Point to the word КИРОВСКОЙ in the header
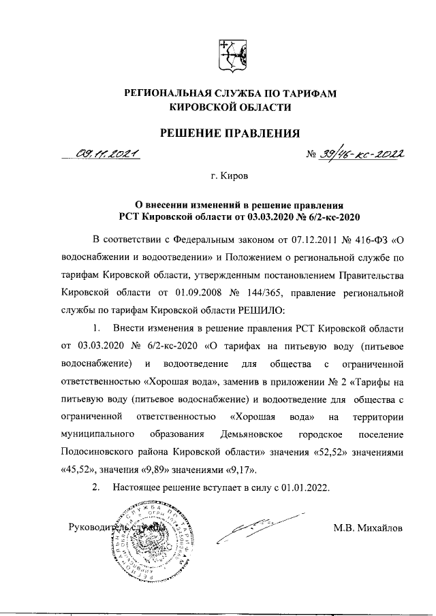pos(206,107)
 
